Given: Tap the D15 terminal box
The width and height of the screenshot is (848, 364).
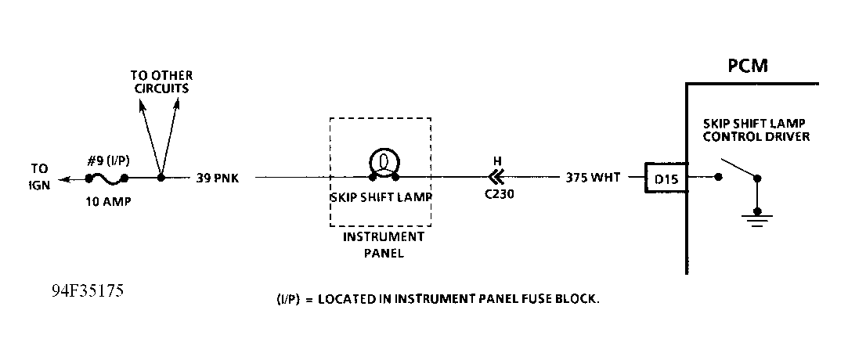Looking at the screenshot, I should tap(665, 178).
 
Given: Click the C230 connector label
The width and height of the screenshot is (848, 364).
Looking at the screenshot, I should tap(499, 196).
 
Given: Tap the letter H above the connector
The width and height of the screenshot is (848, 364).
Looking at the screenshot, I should tap(496, 160).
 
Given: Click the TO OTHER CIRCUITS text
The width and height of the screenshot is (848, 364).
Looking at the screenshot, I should tap(161, 81).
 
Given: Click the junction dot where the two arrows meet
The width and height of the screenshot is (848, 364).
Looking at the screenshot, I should tap(161, 178).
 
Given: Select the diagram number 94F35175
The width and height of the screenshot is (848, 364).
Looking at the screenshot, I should tap(87, 292).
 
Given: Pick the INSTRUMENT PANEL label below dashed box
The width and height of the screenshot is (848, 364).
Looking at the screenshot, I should tap(383, 244).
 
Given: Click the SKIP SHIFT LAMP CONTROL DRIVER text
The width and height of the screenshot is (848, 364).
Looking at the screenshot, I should tap(756, 131).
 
